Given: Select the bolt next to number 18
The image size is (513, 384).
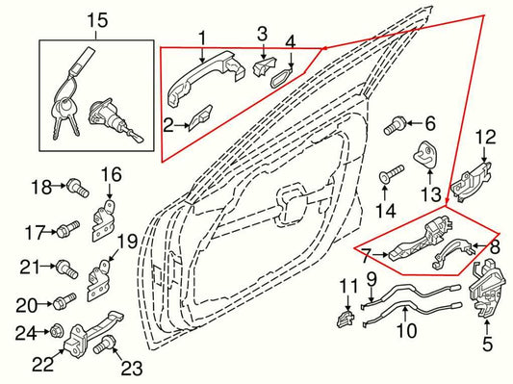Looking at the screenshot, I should pos(73,186).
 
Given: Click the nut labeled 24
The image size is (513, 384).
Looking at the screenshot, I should pos(56,333).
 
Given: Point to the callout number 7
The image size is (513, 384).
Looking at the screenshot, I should pos(366,257).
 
